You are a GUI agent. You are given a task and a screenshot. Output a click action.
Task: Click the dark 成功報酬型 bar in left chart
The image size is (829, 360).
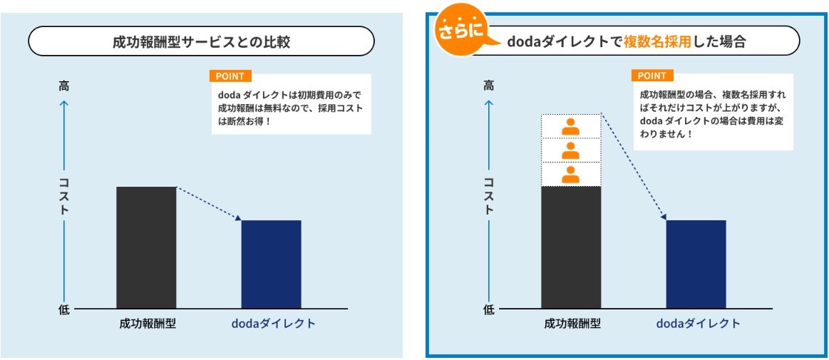pos(146,247)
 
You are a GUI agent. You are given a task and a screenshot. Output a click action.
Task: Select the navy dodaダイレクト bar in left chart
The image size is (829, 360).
pos(271,264)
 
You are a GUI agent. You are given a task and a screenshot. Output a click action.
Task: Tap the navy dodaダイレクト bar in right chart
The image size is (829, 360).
pos(696,264)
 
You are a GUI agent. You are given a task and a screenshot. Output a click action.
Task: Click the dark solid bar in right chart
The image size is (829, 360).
pos(571,247)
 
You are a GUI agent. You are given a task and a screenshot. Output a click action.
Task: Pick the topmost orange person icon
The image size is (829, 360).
pos(570,127)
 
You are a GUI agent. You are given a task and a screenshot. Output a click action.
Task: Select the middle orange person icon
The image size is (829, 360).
pos(570,150)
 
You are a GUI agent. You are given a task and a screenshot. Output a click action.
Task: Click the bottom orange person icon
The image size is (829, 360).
pos(570,175)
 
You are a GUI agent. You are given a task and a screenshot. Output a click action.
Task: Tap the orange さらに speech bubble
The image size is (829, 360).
pos(462,34)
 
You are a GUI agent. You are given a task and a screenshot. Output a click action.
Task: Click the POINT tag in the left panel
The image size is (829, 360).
pos(230,76)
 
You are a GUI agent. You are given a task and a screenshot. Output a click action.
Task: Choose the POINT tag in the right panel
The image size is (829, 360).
pos(652,76)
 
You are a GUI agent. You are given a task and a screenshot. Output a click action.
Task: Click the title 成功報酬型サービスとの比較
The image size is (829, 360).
pos(201,42)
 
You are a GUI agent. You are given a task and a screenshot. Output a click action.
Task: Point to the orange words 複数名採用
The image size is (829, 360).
pos(657,42)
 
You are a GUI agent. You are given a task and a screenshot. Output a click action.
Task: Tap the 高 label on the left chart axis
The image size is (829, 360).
pos(64,86)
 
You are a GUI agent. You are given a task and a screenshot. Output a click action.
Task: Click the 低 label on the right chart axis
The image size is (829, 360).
pos(489,310)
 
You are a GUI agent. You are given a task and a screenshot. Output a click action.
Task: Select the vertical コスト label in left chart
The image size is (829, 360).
pos(64,195)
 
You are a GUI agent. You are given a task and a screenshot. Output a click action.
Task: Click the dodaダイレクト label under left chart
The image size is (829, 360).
pos(273,324)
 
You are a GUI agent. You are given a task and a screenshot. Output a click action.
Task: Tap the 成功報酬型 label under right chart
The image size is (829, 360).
pos(572,324)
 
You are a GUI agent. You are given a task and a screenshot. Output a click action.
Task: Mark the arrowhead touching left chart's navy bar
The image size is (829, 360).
pos(239,218)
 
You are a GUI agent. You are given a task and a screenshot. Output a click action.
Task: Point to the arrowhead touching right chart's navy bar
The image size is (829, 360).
pos(664,217)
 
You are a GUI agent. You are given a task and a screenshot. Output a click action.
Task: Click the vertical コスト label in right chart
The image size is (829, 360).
pos(489,195)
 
